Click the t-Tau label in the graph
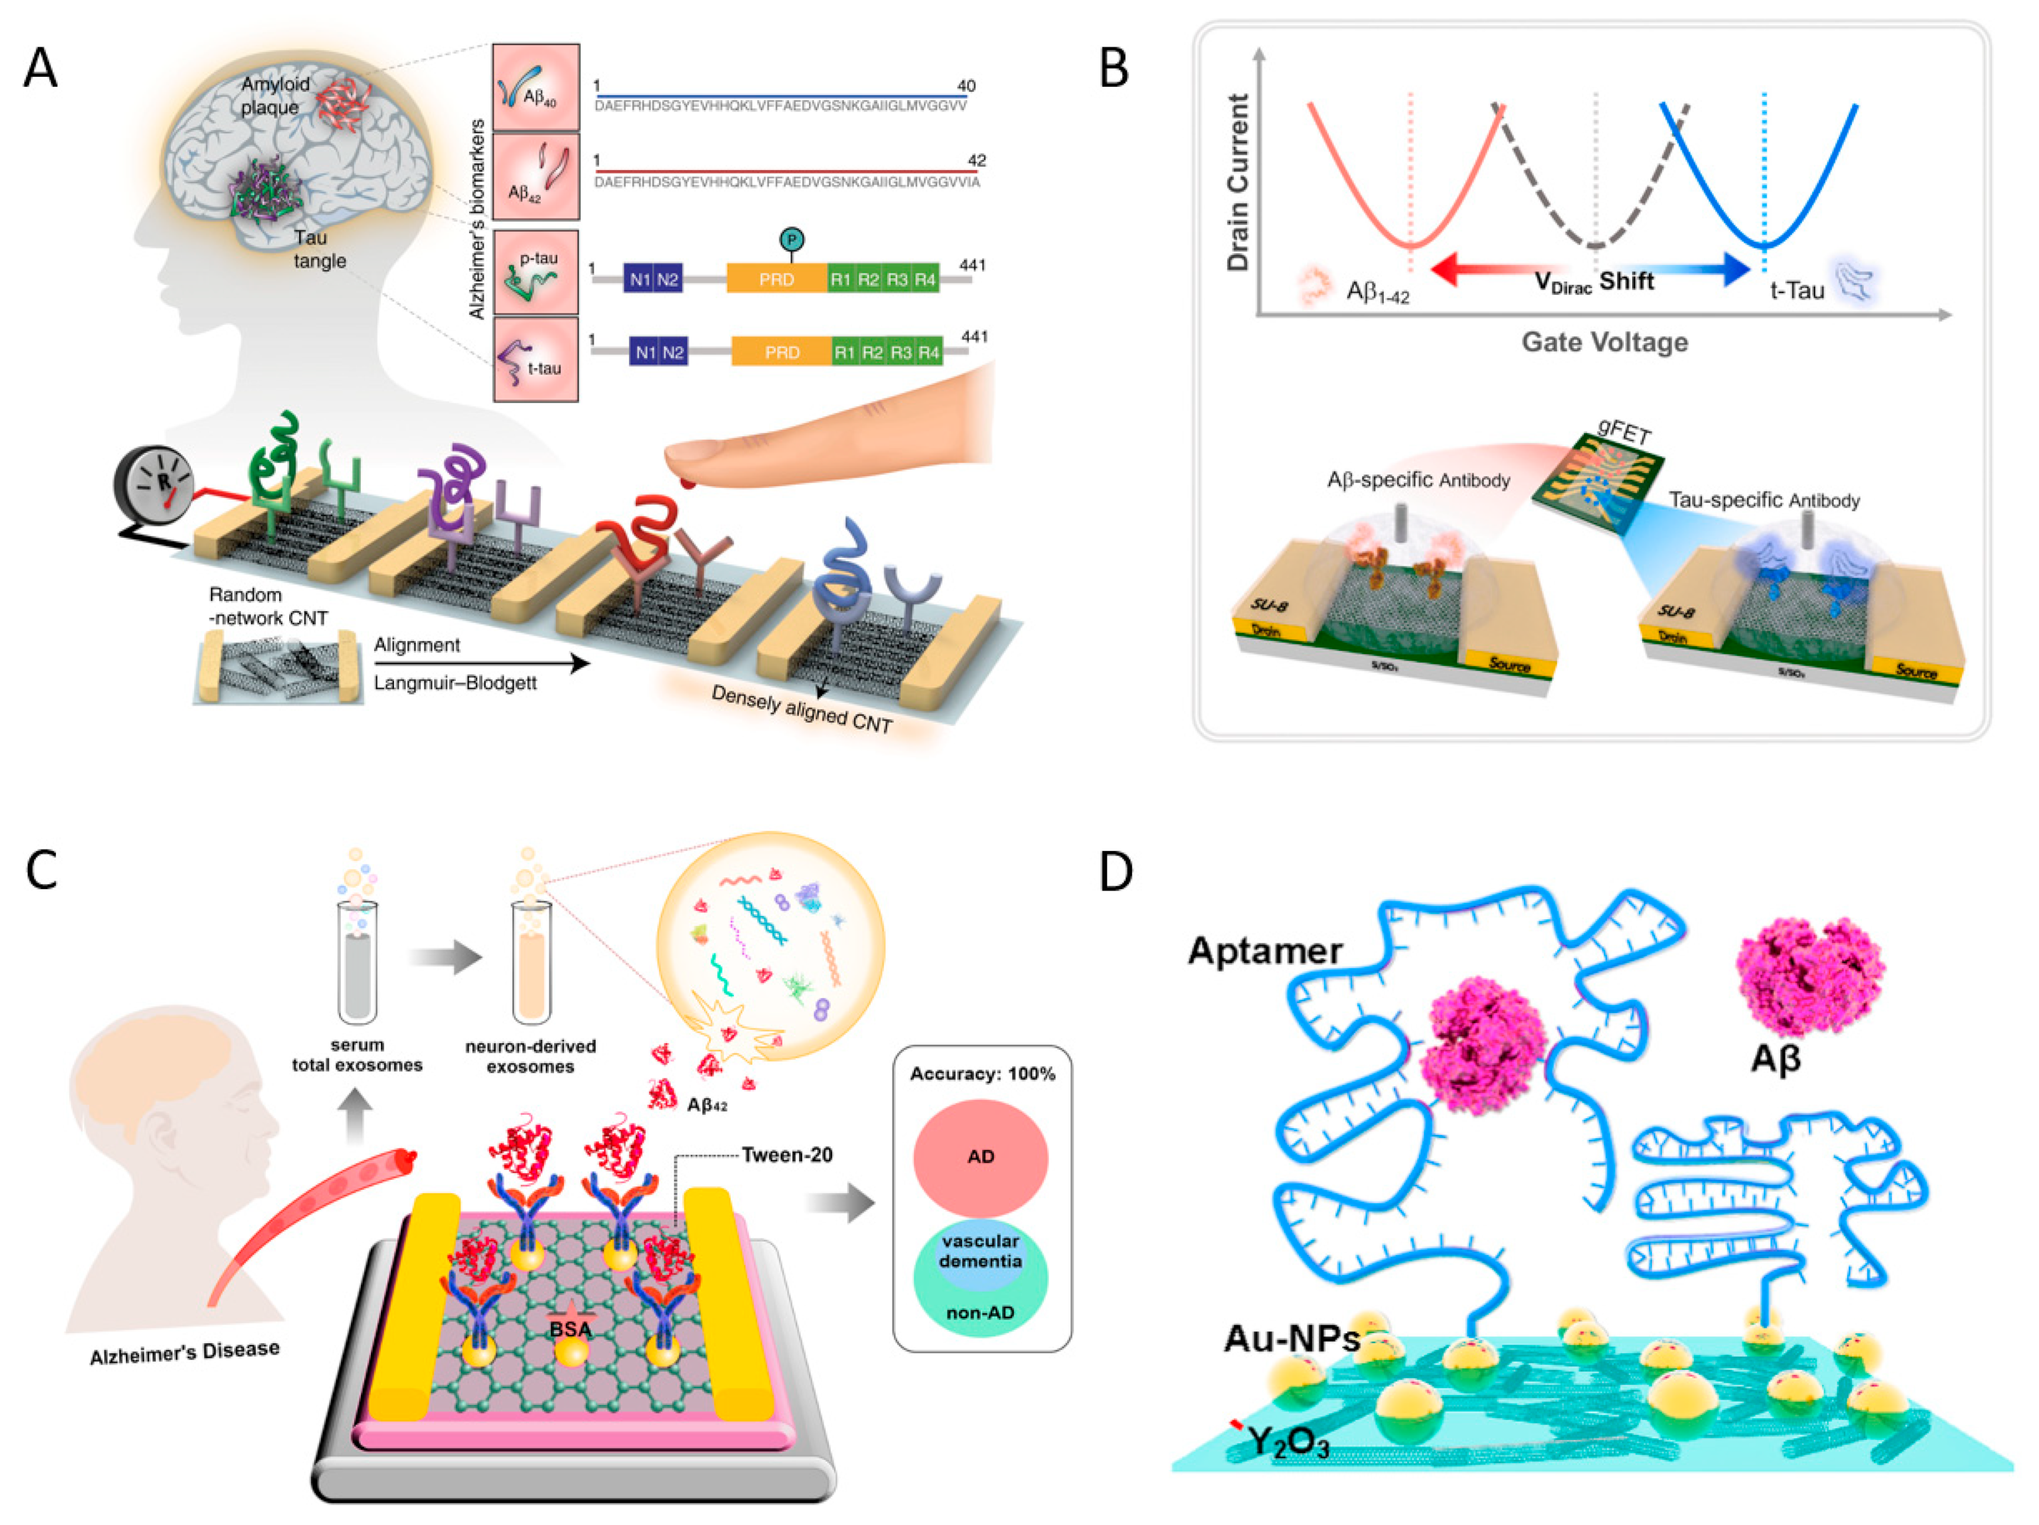[1797, 290]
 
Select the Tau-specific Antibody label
[1763, 500]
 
